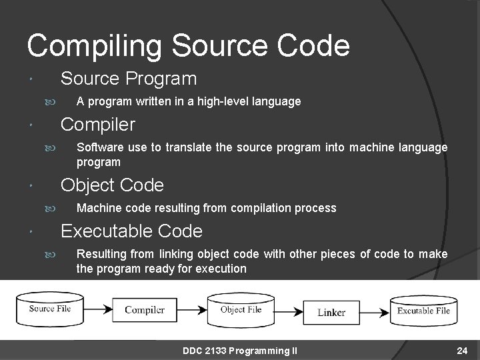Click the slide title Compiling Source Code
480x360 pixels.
coord(188,45)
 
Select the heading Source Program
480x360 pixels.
coord(129,79)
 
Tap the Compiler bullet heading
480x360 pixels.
coord(98,125)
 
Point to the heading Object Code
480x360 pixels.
coord(112,185)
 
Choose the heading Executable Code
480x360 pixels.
coord(131,231)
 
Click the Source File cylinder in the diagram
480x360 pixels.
coord(51,309)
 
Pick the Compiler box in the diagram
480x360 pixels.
coord(145,309)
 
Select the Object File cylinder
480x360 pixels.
coord(241,309)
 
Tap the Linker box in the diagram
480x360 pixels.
coord(331,312)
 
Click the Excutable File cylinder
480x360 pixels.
coord(423,310)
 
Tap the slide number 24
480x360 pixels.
coord(463,351)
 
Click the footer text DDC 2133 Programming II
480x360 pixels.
coord(240,351)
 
